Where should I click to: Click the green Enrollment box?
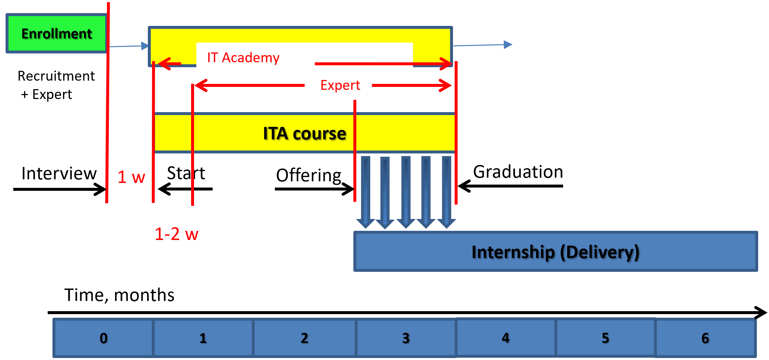pos(56,33)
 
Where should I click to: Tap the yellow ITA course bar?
pos(304,133)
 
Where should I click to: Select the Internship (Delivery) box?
pos(555,252)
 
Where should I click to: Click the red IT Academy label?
pos(243,58)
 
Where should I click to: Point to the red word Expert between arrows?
pos(340,85)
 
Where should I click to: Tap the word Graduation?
pos(518,172)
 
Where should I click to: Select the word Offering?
pos(308,175)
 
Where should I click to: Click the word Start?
pos(186,173)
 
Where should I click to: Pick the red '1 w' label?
pos(131,177)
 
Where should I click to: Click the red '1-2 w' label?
pos(176,234)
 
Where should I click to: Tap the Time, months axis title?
pos(119,295)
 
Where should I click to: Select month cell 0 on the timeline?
pos(103,338)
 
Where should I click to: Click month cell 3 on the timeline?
pos(406,338)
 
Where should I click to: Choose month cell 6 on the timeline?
pos(705,338)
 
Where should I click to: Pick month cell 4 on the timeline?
pos(505,338)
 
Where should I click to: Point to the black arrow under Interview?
pos(59,189)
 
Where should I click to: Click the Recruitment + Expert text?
pos(56,85)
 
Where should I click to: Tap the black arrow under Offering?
pos(314,189)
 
